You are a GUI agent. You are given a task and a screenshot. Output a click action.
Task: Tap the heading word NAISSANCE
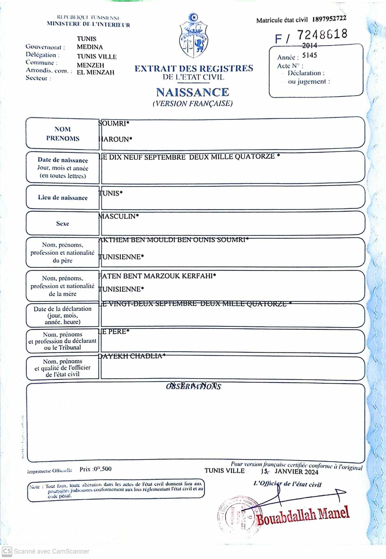193,92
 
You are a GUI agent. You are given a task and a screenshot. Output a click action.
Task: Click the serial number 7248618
322,35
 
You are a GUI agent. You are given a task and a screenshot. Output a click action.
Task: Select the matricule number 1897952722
329,19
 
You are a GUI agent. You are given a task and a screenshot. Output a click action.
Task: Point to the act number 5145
309,55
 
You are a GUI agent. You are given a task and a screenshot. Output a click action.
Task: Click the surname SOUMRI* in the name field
114,124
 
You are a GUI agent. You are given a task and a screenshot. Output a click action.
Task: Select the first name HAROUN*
115,139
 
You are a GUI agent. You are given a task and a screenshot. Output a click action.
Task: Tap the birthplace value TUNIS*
111,193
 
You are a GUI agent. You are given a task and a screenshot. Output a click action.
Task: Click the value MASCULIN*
119,216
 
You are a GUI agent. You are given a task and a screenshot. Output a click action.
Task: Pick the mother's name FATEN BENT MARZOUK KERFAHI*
157,276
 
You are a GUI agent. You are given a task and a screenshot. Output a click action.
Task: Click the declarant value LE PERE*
114,331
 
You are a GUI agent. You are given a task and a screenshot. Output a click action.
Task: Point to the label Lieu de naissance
63,198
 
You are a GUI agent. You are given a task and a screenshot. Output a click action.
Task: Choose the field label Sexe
63,224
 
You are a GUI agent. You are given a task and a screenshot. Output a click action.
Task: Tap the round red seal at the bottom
236,516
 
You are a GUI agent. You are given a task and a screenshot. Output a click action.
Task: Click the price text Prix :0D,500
95,469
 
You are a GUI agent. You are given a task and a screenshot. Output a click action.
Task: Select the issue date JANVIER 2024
296,472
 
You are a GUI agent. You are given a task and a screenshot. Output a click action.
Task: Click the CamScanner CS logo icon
7,551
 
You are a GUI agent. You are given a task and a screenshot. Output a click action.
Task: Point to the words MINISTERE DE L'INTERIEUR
88,25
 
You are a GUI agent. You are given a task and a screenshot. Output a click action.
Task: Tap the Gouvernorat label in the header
45,47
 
